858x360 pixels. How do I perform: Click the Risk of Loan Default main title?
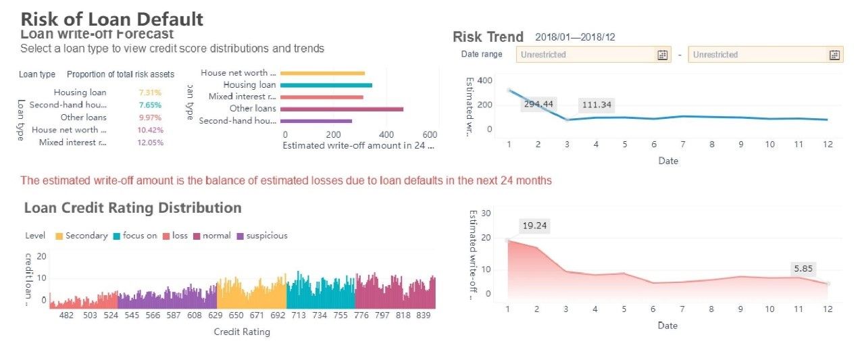(x=111, y=18)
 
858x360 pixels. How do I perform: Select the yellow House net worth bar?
(x=322, y=73)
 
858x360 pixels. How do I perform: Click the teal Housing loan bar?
(x=326, y=85)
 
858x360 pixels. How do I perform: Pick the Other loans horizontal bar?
(x=341, y=109)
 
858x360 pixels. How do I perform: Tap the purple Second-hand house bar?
(x=316, y=121)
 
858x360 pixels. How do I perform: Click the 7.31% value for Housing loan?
(x=149, y=93)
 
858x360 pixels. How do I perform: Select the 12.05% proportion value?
(x=150, y=143)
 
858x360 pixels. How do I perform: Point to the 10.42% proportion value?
(x=150, y=130)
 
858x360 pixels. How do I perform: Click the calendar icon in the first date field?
(x=662, y=55)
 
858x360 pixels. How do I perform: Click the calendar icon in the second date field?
(x=834, y=55)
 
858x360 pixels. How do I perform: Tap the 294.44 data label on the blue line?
(x=537, y=104)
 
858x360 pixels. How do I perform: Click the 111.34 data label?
(x=595, y=105)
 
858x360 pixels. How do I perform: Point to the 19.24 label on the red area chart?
(x=534, y=226)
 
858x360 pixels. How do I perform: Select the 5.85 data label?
(x=803, y=269)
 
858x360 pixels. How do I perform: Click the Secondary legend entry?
(x=82, y=236)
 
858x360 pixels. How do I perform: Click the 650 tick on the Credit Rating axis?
(x=236, y=315)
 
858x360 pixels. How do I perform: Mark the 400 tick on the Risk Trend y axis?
(x=484, y=80)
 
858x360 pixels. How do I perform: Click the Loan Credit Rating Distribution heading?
(x=132, y=207)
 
